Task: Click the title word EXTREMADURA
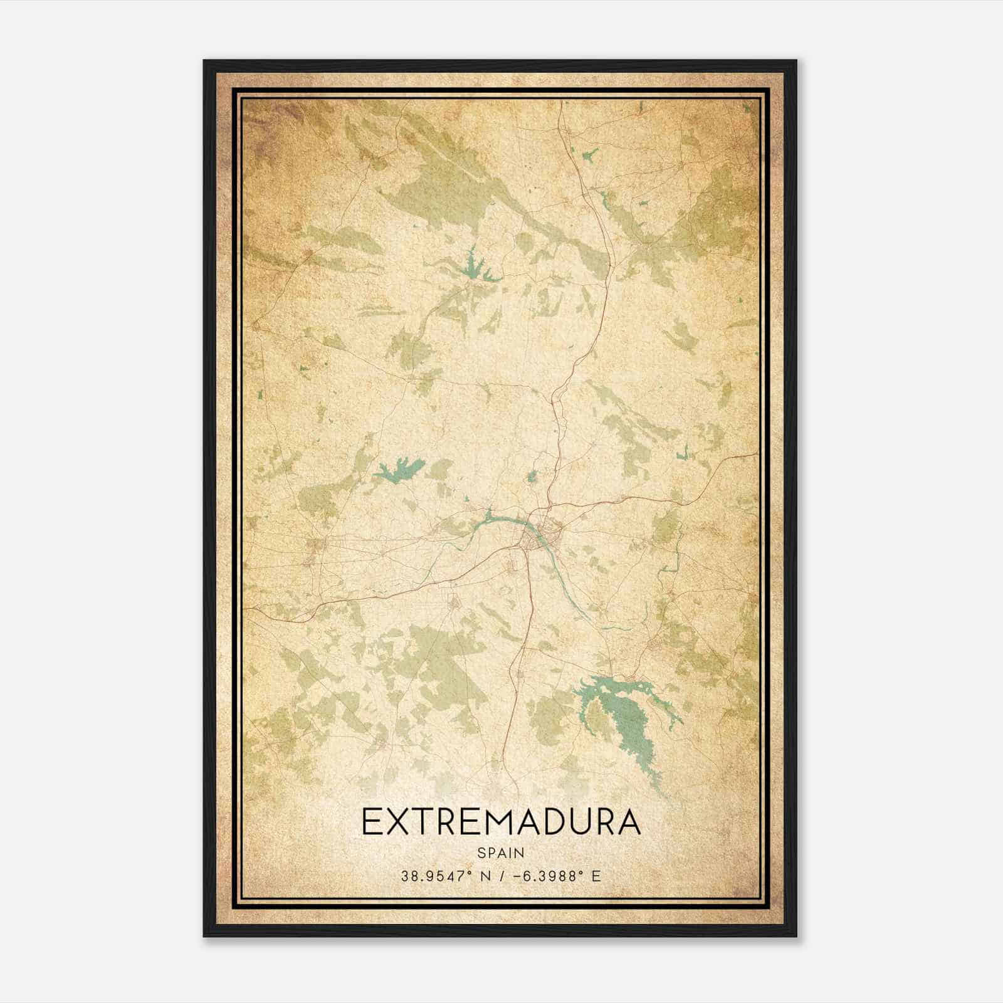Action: click(x=501, y=822)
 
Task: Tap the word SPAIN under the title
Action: click(x=501, y=853)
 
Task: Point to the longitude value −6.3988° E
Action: click(x=557, y=876)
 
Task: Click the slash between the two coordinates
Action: click(x=501, y=876)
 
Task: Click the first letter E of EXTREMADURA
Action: click(x=370, y=822)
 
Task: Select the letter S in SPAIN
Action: click(x=481, y=853)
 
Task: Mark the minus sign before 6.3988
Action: click(x=517, y=876)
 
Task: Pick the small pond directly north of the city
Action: click(x=532, y=477)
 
